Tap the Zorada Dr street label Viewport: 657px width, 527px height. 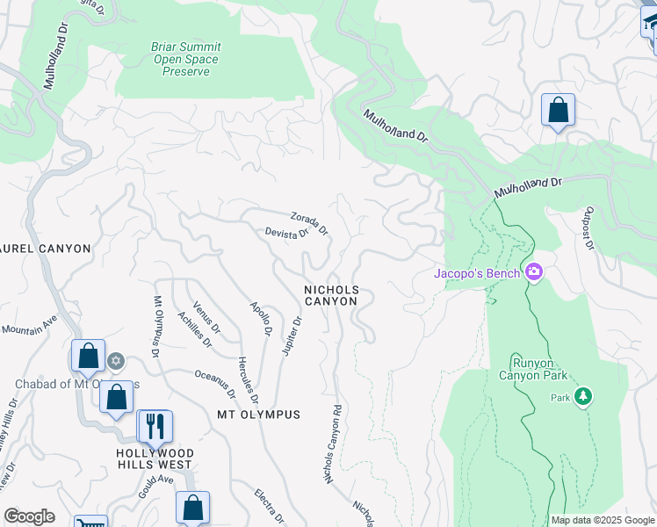(309, 223)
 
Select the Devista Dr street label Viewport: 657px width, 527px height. (287, 234)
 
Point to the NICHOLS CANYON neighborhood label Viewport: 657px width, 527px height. (331, 295)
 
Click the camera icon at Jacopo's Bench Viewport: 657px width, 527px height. (533, 271)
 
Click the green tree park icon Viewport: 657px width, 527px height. (582, 397)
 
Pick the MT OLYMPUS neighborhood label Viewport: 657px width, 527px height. (258, 414)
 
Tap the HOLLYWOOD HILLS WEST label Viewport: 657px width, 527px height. (155, 458)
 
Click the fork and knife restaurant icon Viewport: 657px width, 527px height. (155, 427)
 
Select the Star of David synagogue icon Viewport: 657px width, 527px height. (115, 361)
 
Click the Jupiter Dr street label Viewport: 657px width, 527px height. (292, 336)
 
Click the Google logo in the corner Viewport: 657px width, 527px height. (29, 516)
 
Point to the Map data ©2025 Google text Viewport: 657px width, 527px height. (602, 520)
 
